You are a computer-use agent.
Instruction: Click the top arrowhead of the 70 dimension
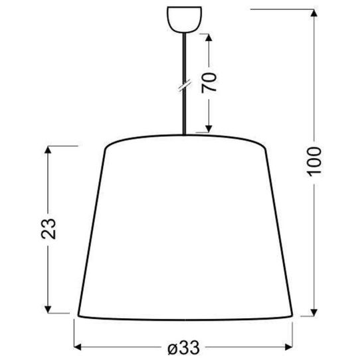pos(210,37)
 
